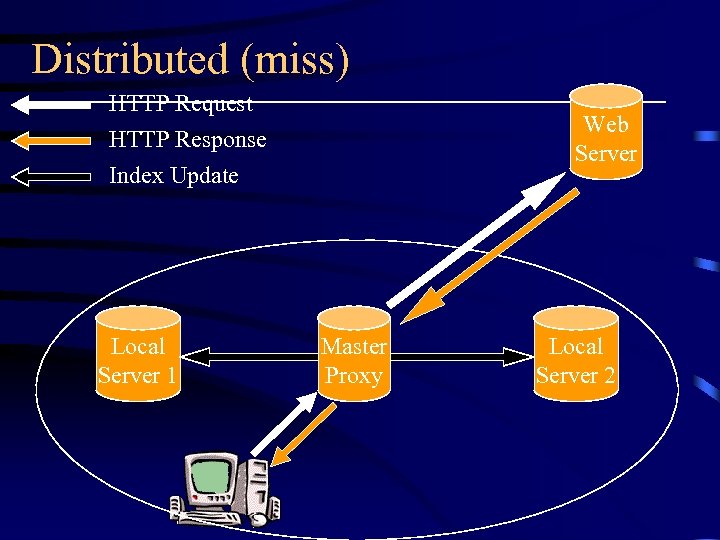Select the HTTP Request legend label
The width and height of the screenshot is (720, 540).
click(x=181, y=104)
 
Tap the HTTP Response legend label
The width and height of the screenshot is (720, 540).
click(x=188, y=140)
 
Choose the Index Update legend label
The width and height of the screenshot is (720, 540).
click(x=174, y=176)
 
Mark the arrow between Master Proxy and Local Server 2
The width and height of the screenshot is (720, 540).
click(x=460, y=355)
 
